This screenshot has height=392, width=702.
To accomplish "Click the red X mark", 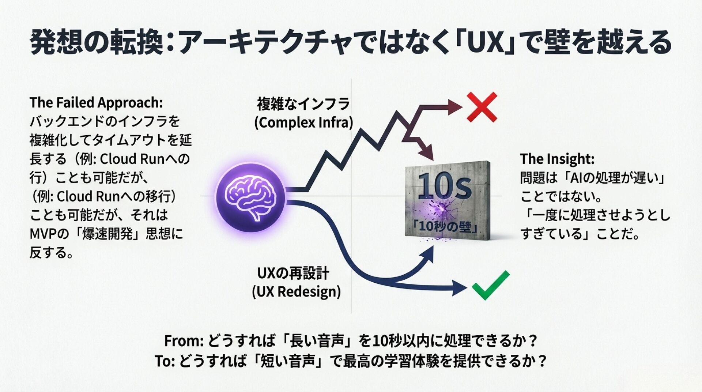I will pos(482,107).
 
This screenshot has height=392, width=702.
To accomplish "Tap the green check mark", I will pos(490,286).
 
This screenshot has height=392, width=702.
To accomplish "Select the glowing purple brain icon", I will pos(250,197).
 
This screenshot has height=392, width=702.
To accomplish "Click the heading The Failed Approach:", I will pos(96,103).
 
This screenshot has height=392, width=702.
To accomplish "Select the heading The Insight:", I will pos(557,159).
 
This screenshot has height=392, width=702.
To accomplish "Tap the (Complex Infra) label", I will pos(303,123).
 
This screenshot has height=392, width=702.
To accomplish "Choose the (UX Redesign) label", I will pos(296,292).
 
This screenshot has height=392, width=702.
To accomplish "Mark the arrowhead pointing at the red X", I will pos(456,107).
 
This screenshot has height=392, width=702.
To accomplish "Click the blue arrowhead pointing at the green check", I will pos(459,288).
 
